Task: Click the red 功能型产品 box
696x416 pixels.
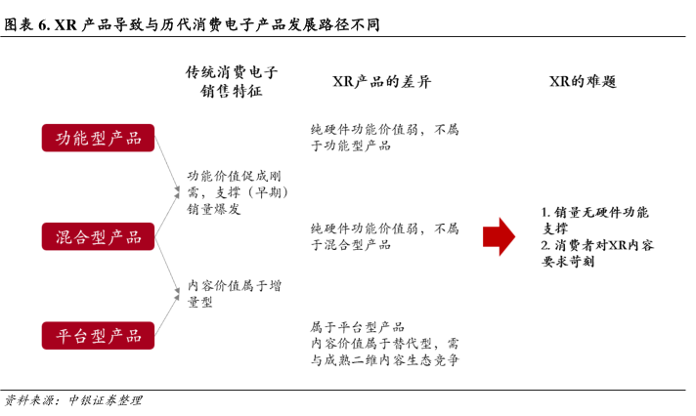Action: click(98, 138)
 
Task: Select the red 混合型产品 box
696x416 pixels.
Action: click(98, 236)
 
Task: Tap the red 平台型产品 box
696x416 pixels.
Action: click(98, 335)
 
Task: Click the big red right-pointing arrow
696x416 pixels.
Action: click(499, 236)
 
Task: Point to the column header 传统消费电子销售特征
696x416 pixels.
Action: click(232, 81)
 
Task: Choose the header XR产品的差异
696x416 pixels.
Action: click(382, 82)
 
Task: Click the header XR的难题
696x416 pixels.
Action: click(583, 82)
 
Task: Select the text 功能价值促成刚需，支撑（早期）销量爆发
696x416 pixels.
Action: click(238, 192)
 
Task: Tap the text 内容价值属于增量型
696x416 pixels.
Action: click(235, 294)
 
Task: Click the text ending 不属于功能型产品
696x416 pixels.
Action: click(384, 138)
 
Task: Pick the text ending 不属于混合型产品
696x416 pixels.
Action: click(384, 236)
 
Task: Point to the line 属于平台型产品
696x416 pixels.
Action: click(358, 327)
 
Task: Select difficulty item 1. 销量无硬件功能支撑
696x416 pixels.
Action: click(594, 220)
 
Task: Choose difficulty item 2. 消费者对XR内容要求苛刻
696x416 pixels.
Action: click(597, 253)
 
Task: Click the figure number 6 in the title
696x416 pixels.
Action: click(43, 24)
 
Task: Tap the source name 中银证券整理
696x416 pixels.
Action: click(106, 400)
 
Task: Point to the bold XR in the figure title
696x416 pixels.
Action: click(65, 24)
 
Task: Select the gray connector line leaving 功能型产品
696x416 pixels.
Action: click(167, 164)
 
